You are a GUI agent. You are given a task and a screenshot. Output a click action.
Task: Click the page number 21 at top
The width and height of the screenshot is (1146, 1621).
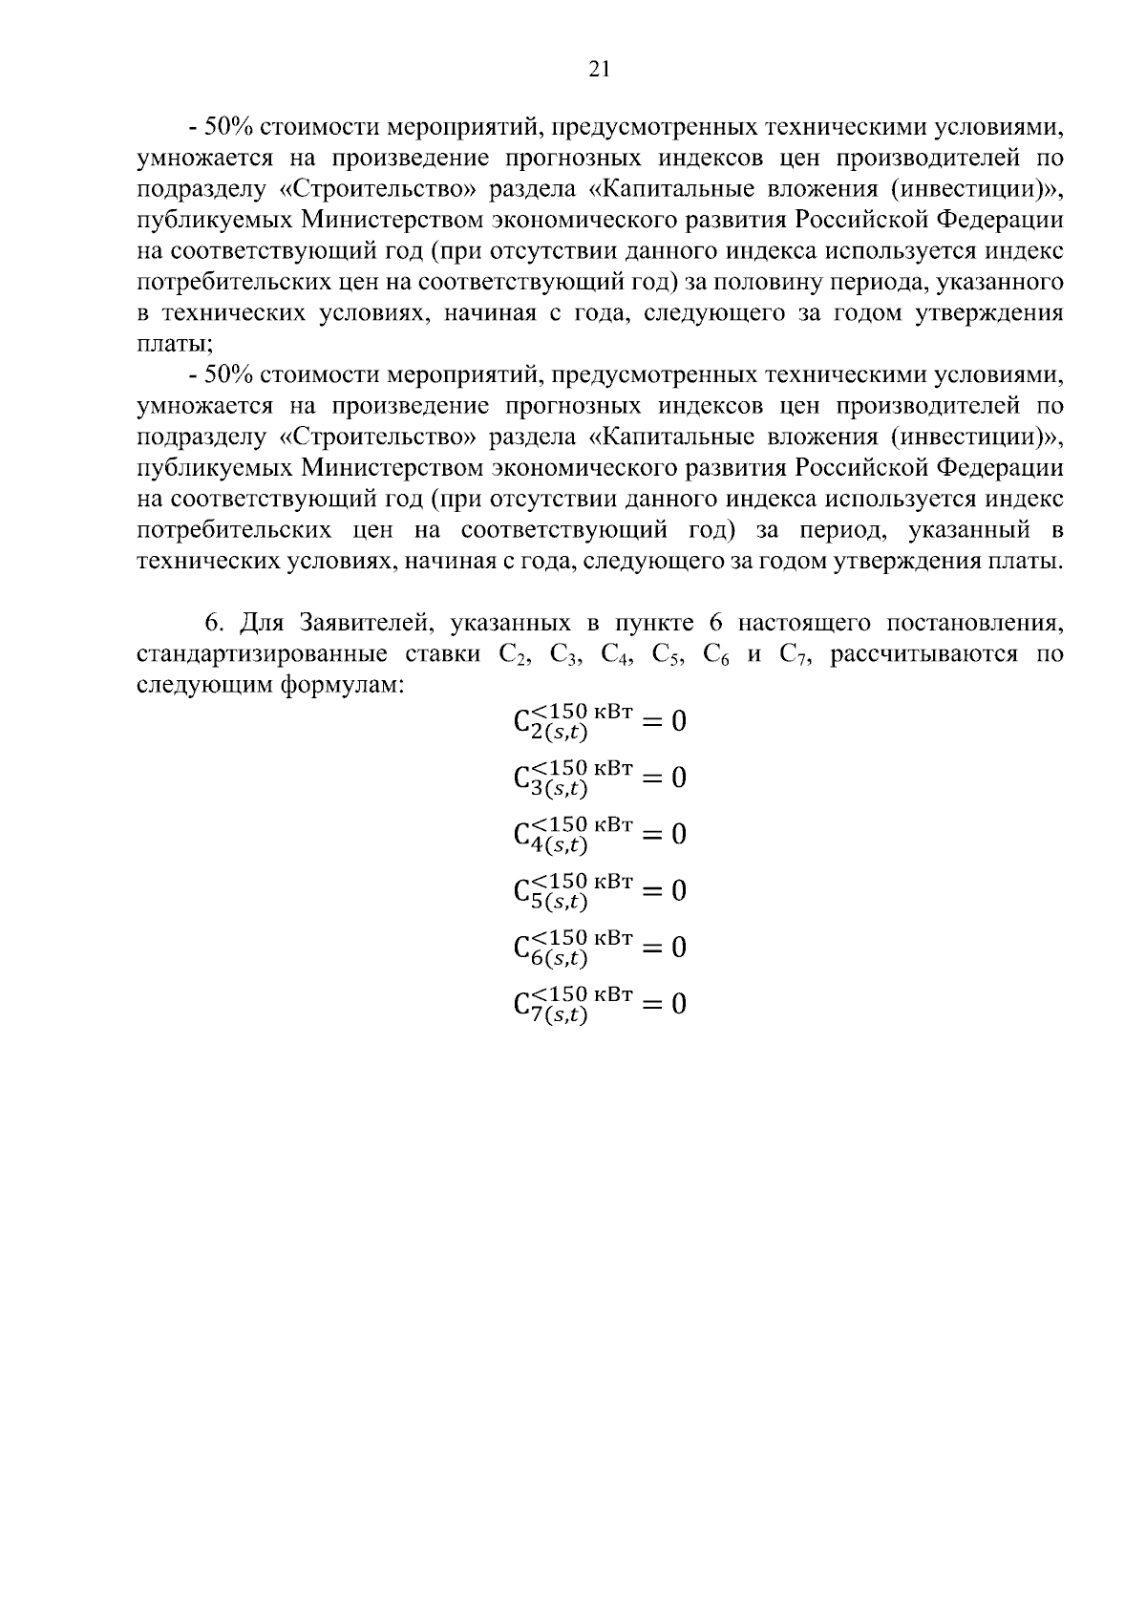600,68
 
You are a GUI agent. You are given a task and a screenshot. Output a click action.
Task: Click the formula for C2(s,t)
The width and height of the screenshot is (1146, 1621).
599,720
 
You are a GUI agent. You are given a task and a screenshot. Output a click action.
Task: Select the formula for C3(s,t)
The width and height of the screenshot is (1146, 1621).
599,777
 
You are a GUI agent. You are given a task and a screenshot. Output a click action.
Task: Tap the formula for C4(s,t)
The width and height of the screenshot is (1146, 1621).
599,834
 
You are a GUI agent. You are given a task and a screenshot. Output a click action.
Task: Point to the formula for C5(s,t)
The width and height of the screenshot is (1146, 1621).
599,890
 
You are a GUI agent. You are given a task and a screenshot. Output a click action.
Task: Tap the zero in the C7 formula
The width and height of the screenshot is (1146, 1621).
678,1004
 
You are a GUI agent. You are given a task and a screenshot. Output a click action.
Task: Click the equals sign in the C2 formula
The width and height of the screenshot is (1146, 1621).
651,721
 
